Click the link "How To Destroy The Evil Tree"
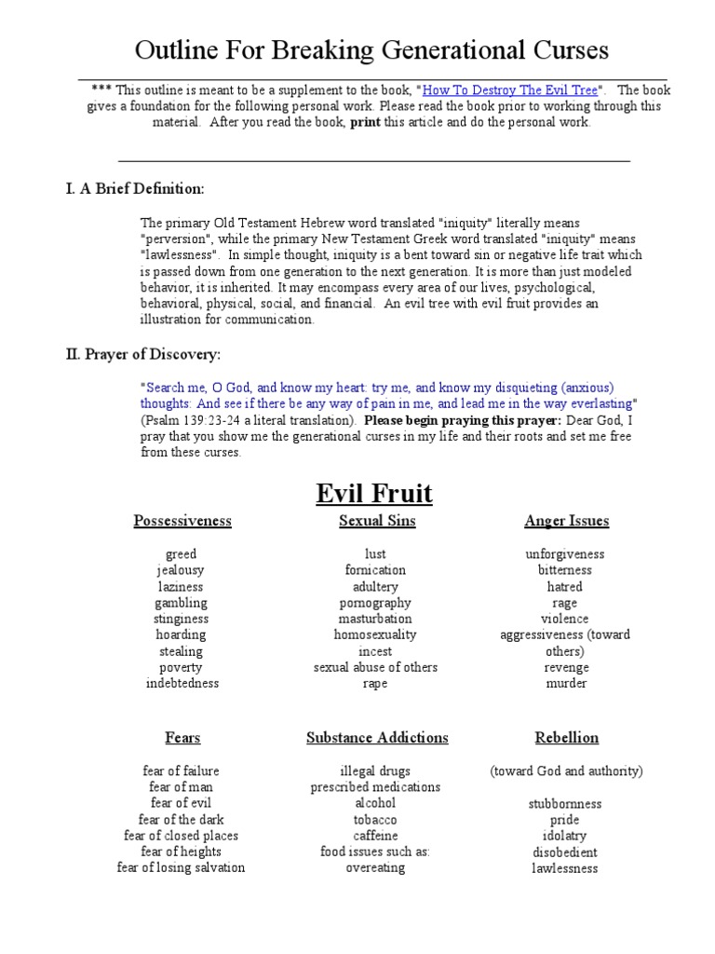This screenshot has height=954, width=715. coord(511,90)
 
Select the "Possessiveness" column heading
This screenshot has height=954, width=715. coord(182,521)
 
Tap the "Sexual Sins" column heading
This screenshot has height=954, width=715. coord(377,521)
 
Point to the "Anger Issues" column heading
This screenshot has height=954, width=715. coord(566,521)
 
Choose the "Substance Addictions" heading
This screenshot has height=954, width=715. coord(377,738)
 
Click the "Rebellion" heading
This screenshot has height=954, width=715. coord(566,738)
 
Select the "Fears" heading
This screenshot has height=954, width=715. coord(182,738)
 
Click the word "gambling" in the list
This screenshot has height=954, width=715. coord(182,603)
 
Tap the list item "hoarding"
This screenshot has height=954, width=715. coord(182,635)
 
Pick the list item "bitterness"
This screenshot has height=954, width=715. coord(565,570)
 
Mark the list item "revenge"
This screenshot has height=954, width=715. coord(566,668)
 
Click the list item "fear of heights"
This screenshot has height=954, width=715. coord(182,852)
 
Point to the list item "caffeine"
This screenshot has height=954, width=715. coord(376,836)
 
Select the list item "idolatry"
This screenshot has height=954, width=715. coord(565,836)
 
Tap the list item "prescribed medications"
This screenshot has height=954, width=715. coord(376,787)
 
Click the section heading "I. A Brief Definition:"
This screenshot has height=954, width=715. coord(134,189)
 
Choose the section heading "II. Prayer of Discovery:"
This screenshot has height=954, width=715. coord(142,355)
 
